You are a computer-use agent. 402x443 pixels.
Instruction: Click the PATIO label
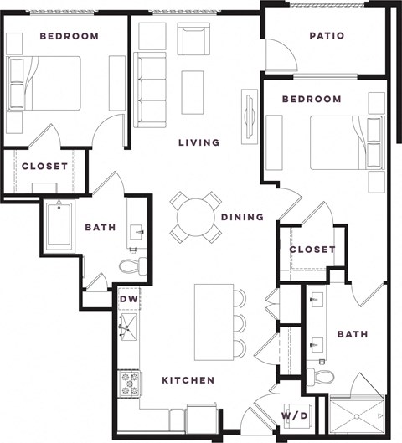[x=326, y=36]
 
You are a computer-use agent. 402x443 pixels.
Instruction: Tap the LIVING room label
[x=198, y=142]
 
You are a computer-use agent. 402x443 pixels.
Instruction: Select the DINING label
[x=242, y=217]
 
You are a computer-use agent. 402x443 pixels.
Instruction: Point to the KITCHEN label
[x=188, y=380]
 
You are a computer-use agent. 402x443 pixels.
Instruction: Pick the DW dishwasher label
[x=128, y=299]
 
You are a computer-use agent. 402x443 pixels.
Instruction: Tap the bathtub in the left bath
[x=59, y=225]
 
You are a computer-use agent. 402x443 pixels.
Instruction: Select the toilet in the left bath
[x=132, y=267]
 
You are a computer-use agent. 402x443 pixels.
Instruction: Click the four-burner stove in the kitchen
[x=131, y=384]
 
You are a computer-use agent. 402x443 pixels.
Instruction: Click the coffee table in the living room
[x=193, y=91]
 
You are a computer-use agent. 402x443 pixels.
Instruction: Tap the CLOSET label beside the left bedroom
[x=44, y=167]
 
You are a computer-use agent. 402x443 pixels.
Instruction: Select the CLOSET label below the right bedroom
[x=312, y=250]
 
